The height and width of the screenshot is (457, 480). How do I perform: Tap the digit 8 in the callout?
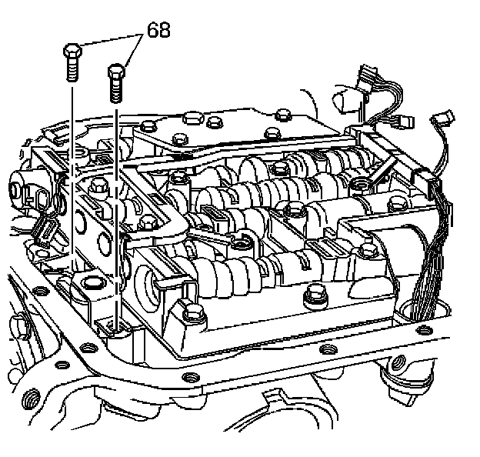[x=163, y=31]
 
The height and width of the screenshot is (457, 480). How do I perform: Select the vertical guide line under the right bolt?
[x=117, y=208]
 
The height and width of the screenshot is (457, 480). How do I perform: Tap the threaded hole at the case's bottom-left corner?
[x=31, y=398]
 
